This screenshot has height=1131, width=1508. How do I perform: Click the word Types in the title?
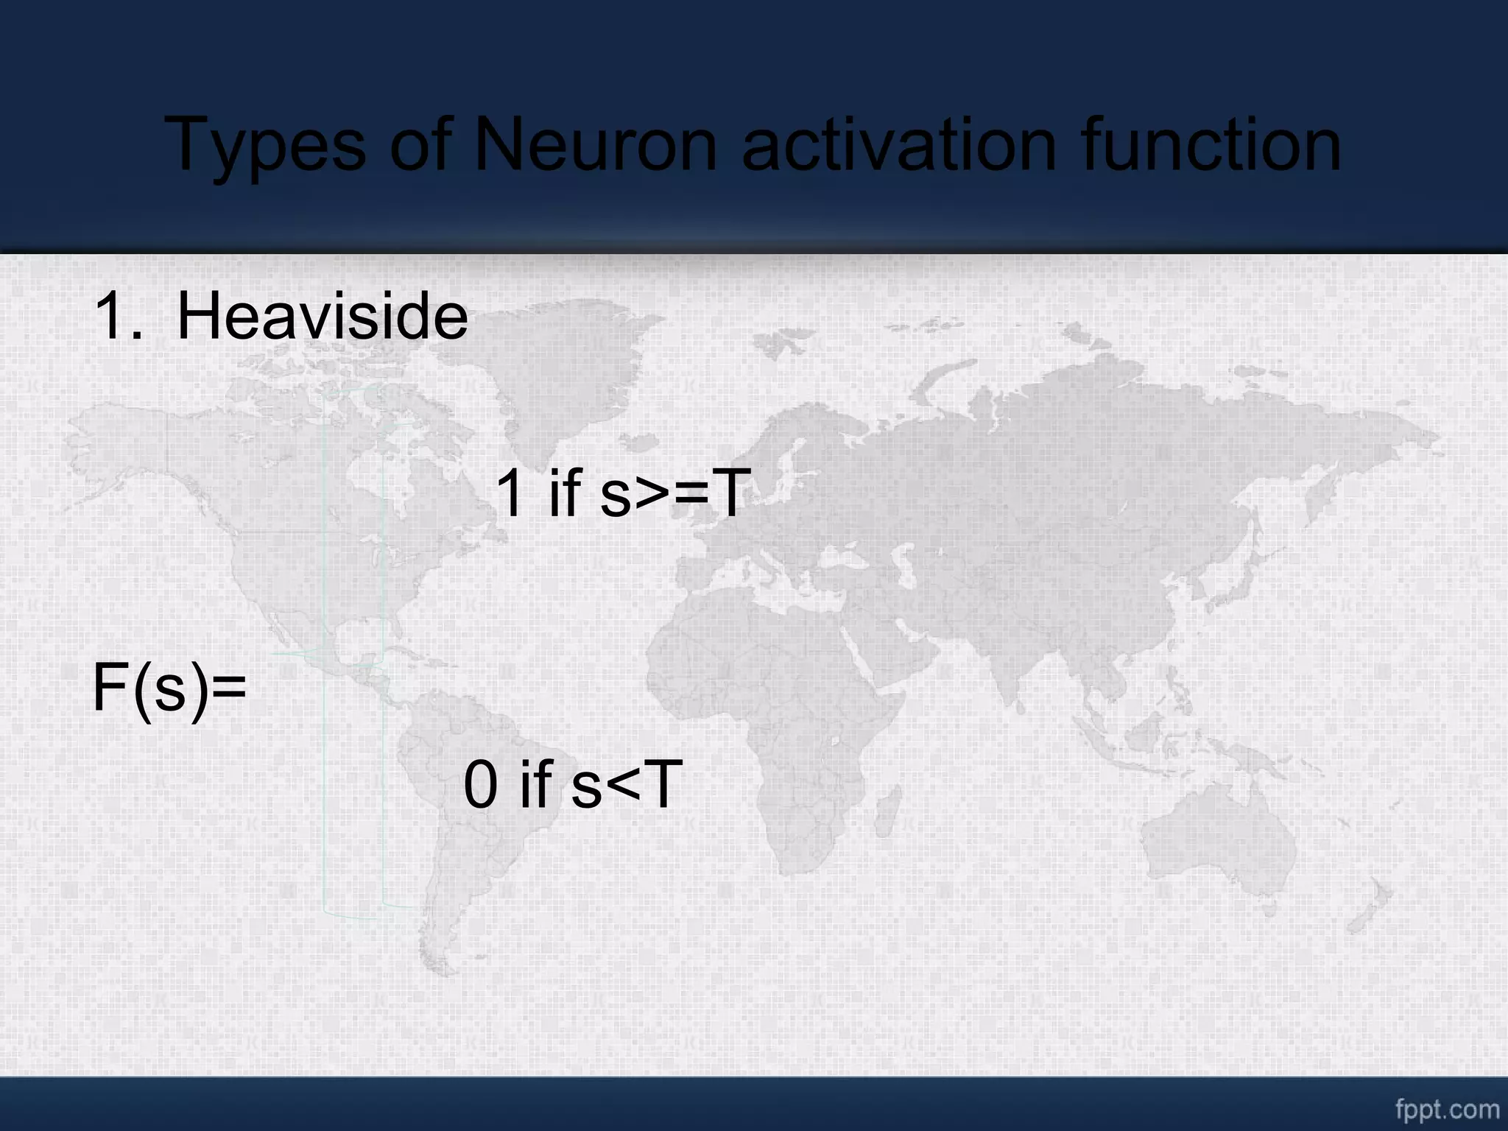[x=266, y=146]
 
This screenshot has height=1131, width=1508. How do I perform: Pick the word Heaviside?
[x=322, y=317]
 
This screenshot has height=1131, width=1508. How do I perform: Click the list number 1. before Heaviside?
[x=118, y=317]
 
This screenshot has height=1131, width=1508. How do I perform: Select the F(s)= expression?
[x=169, y=688]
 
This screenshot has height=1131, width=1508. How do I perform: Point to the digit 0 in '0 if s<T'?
[x=481, y=786]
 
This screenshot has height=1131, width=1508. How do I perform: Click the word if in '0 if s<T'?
[x=535, y=784]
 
